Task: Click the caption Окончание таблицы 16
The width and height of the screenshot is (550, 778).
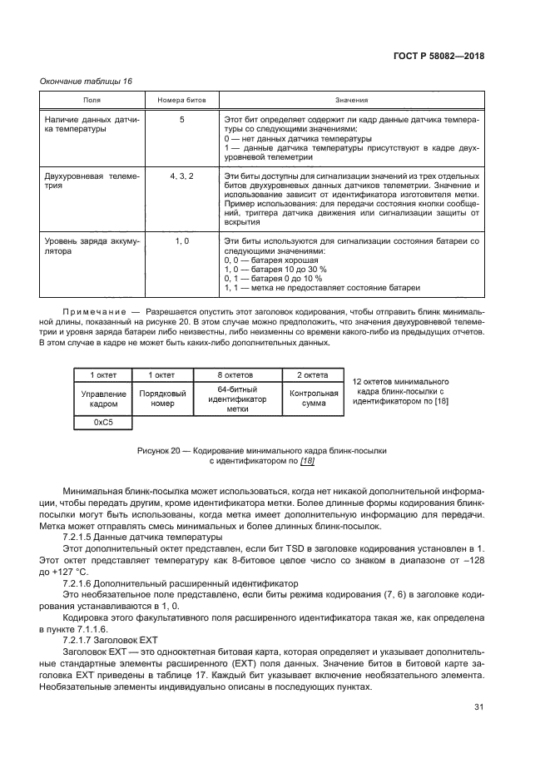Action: pyautogui.click(x=86, y=81)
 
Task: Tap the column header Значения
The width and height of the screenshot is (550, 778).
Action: pyautogui.click(x=351, y=100)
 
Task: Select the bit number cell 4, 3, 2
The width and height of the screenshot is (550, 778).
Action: pyautogui.click(x=181, y=177)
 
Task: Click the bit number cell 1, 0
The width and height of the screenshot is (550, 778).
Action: pyautogui.click(x=181, y=240)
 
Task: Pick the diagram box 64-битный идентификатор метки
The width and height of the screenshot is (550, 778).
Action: pyautogui.click(x=236, y=399)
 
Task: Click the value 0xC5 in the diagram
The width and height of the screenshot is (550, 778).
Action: pyautogui.click(x=103, y=423)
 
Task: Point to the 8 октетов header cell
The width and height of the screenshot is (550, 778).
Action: pyautogui.click(x=236, y=374)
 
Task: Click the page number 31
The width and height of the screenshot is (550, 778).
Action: pyautogui.click(x=478, y=707)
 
